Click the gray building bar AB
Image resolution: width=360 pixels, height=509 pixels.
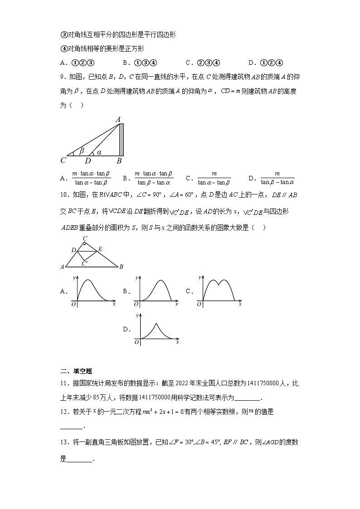coord(121,139)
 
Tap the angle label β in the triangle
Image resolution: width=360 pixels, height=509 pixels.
coord(82,150)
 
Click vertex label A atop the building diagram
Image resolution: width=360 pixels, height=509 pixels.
coord(118,120)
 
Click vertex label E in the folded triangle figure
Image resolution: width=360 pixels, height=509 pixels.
coord(100,248)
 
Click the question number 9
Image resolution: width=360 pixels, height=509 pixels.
coord(63,76)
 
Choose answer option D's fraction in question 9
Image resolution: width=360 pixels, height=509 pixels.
coord(277,178)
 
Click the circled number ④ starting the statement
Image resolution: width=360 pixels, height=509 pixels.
coord(63,48)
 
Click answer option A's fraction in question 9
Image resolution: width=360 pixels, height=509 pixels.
coord(91,178)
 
